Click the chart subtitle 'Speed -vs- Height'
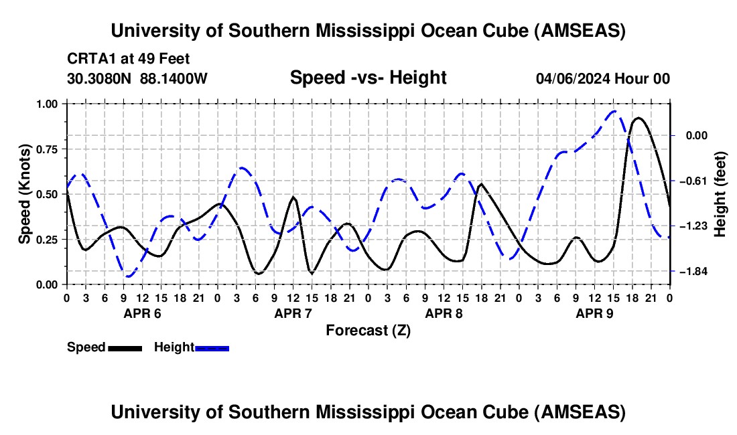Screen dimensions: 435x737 point(368,78)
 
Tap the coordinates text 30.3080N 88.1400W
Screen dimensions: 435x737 point(137,78)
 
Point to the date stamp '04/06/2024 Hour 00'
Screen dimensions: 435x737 point(602,78)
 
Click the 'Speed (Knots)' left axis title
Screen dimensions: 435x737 point(24,194)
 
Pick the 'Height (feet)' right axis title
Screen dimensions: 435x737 point(720,194)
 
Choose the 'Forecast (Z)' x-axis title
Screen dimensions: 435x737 point(368,330)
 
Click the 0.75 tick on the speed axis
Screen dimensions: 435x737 point(47,149)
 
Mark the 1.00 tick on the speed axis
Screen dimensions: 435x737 point(47,104)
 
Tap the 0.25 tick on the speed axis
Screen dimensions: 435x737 point(47,240)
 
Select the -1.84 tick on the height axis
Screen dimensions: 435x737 point(689,271)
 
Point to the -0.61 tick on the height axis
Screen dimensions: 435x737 point(689,181)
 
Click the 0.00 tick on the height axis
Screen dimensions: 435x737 point(689,135)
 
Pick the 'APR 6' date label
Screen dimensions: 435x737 point(142,313)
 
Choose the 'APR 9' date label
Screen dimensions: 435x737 point(594,313)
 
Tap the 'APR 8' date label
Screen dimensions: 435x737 point(444,313)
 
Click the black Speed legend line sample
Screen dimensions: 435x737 point(125,348)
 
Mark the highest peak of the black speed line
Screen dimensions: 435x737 point(639,118)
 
